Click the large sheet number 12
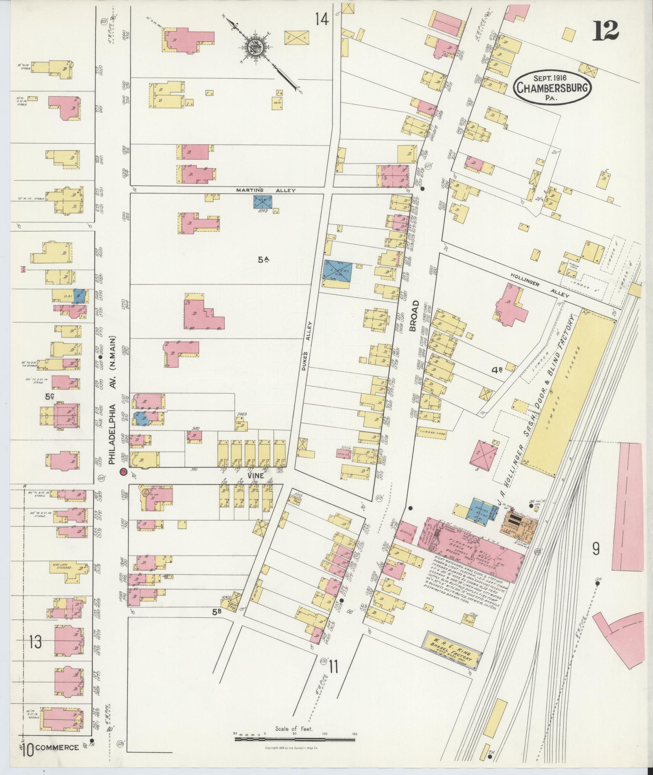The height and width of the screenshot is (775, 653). point(606,30)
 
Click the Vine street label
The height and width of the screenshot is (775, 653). point(256,476)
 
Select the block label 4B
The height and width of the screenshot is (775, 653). point(497,369)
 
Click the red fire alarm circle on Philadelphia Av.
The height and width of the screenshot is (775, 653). point(123,472)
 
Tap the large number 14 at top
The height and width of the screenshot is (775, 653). point(322,19)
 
